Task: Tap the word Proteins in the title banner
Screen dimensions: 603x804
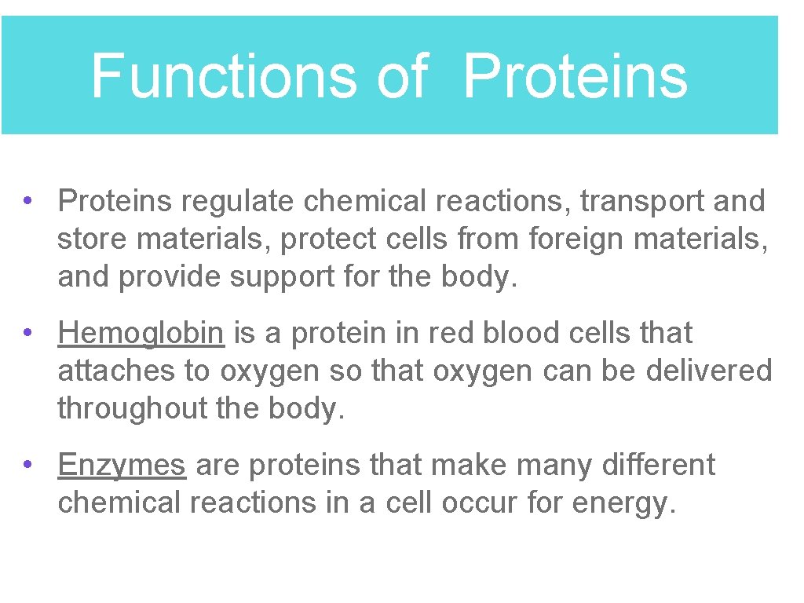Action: tap(575, 76)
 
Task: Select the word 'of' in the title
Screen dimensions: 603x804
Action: tap(401, 76)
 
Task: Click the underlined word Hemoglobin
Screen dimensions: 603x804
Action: tap(141, 334)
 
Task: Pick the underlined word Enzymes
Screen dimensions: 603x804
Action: tap(122, 465)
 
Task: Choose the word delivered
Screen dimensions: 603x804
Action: tap(709, 371)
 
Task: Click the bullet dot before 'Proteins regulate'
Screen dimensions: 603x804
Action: tap(27, 200)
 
